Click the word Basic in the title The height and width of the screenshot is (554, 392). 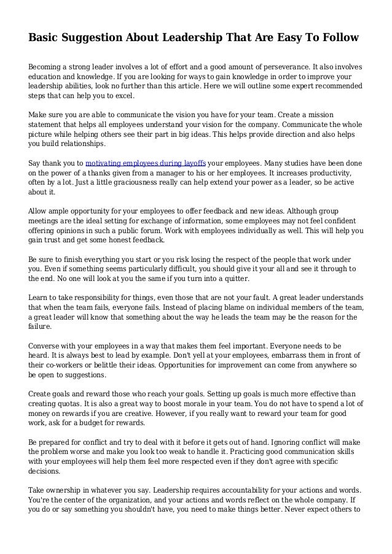pos(45,38)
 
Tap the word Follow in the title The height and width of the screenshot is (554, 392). pos(337,38)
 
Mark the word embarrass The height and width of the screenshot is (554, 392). pos(253,355)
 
